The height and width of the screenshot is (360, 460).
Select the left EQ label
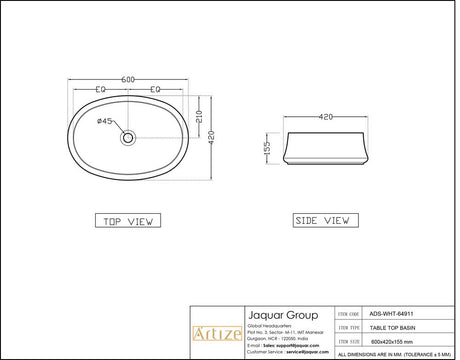point(100,91)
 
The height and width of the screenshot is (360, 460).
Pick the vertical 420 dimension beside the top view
point(211,140)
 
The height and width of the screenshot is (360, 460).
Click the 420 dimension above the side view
point(325,116)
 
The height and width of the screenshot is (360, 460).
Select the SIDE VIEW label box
point(322,220)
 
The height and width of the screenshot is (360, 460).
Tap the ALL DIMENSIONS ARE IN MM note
point(396,354)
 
